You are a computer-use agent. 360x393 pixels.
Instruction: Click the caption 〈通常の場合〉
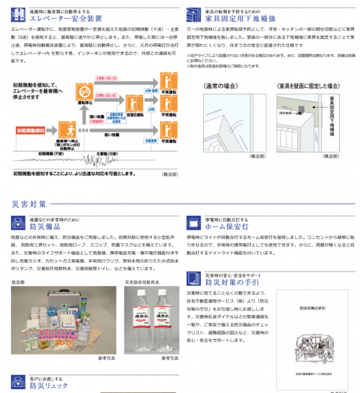point(223,86)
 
